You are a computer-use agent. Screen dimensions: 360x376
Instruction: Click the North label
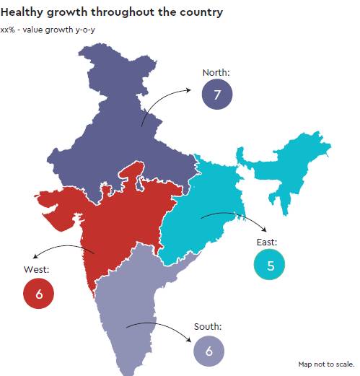click(x=216, y=73)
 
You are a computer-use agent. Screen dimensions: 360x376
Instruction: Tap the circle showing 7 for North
click(x=217, y=95)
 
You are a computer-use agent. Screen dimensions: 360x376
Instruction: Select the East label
click(x=267, y=242)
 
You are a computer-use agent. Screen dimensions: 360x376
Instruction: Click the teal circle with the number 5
click(x=269, y=265)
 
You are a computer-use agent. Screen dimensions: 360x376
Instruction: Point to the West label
click(x=36, y=269)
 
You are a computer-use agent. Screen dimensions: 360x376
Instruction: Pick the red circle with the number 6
click(x=38, y=294)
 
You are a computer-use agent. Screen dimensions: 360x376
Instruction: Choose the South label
click(x=208, y=327)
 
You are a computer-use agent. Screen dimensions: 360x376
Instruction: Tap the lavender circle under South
click(x=209, y=351)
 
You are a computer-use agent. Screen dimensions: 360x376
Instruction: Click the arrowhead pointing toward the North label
click(x=188, y=90)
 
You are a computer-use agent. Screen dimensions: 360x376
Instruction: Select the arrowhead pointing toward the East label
click(x=264, y=229)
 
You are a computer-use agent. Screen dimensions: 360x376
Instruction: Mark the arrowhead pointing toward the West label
click(x=35, y=256)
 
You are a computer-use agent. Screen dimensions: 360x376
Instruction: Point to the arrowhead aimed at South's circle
click(x=188, y=339)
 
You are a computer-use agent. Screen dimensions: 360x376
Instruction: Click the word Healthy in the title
click(x=22, y=12)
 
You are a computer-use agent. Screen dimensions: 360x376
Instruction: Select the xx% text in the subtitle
click(x=7, y=30)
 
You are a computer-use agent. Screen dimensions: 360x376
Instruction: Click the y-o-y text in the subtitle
click(x=85, y=30)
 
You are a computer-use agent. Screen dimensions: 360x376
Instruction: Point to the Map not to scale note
click(x=326, y=364)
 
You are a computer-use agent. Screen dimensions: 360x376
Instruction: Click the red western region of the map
click(x=120, y=224)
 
